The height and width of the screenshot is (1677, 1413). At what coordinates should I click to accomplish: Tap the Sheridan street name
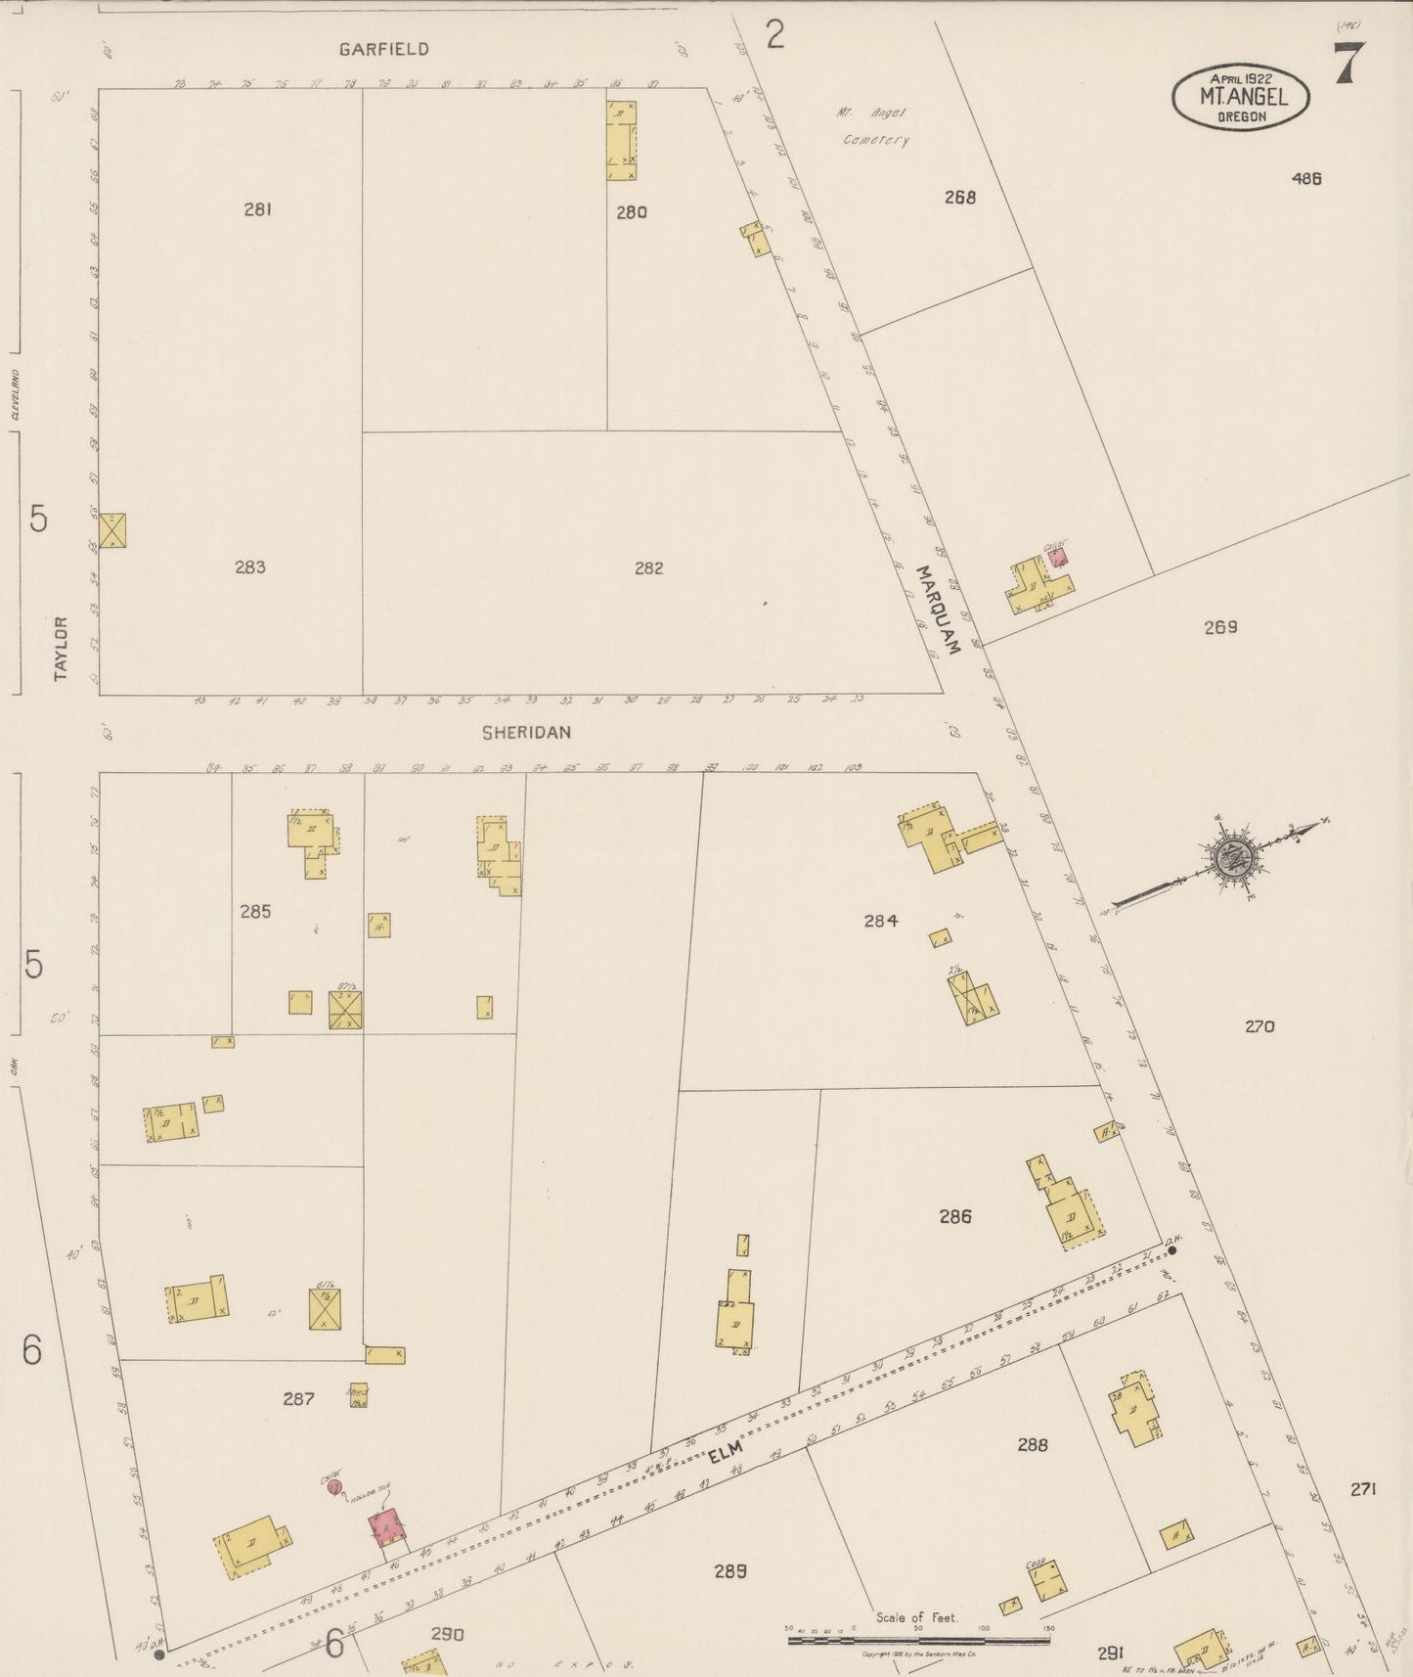pos(526,732)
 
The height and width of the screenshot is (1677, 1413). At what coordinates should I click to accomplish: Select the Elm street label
pos(727,1449)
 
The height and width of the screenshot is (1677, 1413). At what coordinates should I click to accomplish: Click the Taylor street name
pos(62,648)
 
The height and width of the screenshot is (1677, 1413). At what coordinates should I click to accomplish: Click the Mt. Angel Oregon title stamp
pos(1242,97)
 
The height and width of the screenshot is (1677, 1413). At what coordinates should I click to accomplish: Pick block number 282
pos(648,567)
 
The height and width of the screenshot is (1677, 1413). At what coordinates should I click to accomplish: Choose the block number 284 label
pos(880,920)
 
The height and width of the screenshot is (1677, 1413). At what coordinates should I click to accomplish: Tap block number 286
pos(955,1216)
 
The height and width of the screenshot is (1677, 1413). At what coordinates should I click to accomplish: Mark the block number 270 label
pos(1259,1026)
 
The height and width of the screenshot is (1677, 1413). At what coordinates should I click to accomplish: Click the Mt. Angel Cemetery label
pos(873,126)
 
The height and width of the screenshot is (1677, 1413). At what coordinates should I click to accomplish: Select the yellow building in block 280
pos(621,139)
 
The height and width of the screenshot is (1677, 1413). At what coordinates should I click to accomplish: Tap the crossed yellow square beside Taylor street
pos(112,530)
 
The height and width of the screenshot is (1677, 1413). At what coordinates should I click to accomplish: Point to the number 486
pos(1306,178)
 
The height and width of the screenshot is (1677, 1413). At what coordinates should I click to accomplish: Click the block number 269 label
pos(1220,627)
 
